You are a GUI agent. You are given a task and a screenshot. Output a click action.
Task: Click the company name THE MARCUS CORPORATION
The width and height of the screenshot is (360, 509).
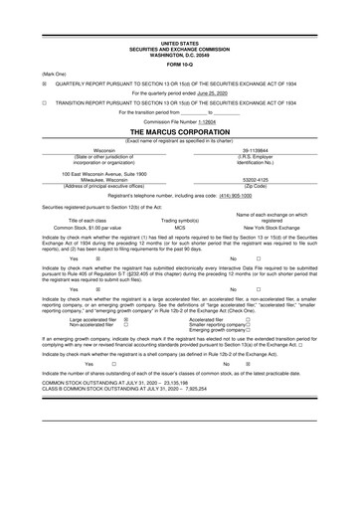180,131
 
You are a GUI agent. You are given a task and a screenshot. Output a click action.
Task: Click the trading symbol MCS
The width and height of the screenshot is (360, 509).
181,227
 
